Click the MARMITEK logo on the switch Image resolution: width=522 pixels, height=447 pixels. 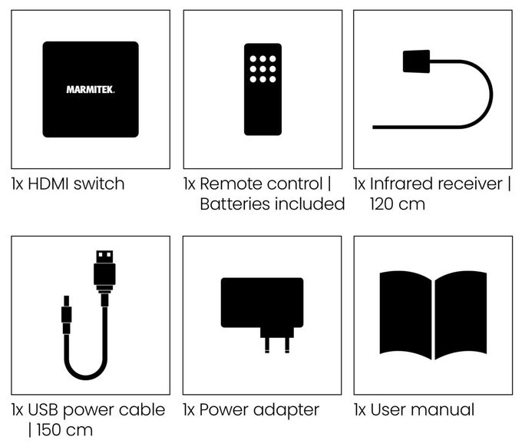91,90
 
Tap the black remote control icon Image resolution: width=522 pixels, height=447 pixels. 263,89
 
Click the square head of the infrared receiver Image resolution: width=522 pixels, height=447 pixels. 416,61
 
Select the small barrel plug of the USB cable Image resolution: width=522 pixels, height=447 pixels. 66,314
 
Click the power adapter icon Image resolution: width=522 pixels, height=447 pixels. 262,315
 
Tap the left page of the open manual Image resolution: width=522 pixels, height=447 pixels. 405,315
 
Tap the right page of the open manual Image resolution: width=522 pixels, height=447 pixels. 461,315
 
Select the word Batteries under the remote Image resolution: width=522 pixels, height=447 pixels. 235,204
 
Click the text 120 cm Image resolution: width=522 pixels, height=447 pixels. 398,204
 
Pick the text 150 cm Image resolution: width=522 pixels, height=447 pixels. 64,430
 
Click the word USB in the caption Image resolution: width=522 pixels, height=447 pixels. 44,409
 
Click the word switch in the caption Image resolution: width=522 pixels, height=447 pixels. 99,184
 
